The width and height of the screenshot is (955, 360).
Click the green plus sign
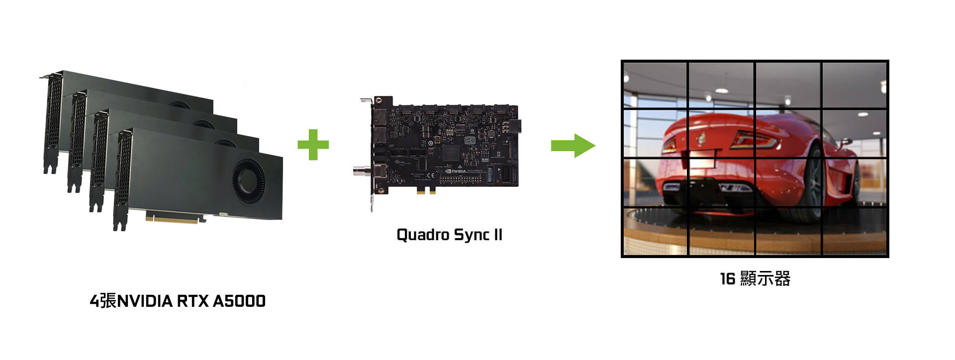[x=313, y=145]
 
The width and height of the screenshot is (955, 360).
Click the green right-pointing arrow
[x=573, y=145]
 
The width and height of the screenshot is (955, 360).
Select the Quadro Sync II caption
[x=449, y=235]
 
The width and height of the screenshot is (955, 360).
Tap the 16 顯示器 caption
[x=755, y=278]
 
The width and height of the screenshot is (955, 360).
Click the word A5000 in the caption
[x=239, y=301]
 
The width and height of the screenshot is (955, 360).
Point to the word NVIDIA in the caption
[x=145, y=301]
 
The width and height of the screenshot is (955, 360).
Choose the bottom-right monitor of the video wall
[x=854, y=231]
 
